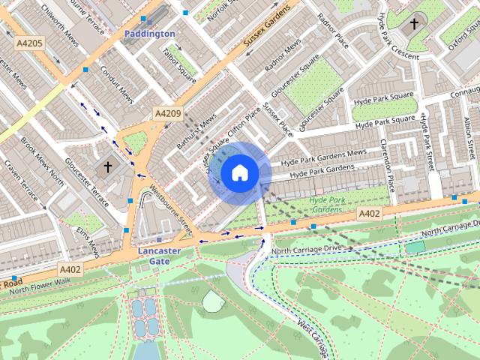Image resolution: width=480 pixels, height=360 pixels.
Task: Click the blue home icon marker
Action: click(x=239, y=173)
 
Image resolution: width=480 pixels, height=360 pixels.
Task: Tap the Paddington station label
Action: click(x=149, y=34)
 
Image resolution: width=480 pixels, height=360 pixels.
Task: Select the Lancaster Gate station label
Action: click(x=158, y=256)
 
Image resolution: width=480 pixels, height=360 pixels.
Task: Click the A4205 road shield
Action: click(x=29, y=44)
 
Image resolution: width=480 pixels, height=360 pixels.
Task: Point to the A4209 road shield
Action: click(x=168, y=113)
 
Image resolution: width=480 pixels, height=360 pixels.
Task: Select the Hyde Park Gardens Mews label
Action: click(x=323, y=157)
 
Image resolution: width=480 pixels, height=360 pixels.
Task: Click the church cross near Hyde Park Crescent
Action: click(x=414, y=25)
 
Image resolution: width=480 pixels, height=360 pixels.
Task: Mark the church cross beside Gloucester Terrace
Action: click(x=107, y=166)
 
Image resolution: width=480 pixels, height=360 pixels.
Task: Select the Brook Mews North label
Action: click(x=43, y=161)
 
